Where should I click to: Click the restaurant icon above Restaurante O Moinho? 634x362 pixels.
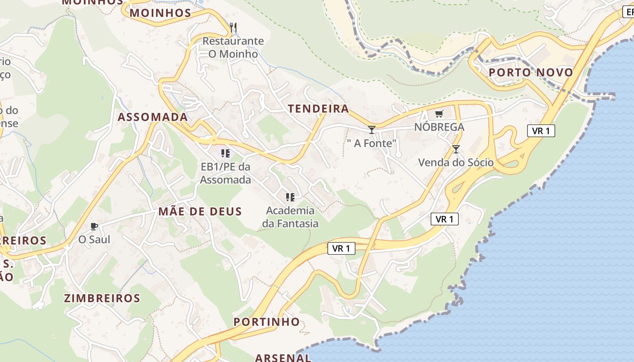(x=233, y=28)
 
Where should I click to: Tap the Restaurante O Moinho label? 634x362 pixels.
(x=233, y=48)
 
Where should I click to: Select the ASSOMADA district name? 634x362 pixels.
(x=153, y=117)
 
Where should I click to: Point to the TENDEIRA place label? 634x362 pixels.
(x=318, y=109)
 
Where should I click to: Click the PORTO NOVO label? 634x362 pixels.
(x=531, y=72)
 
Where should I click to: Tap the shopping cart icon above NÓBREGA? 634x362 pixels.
(x=438, y=114)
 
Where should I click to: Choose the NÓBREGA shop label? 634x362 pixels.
(x=439, y=127)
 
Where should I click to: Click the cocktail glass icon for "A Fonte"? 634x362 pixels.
(x=372, y=130)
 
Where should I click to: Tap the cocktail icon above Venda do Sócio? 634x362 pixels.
(x=456, y=149)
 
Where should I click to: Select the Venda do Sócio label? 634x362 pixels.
(x=456, y=162)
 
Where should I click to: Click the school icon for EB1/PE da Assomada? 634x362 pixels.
(x=225, y=153)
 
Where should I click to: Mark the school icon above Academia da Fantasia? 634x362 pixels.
(x=290, y=197)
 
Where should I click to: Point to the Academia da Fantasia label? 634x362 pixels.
(x=290, y=217)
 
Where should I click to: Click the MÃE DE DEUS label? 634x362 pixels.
(x=200, y=211)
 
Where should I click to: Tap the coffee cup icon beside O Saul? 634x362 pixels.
(x=94, y=226)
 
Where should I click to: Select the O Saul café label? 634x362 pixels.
(x=94, y=239)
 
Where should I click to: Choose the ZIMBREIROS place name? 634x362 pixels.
(x=102, y=298)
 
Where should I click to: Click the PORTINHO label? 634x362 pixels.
(x=266, y=322)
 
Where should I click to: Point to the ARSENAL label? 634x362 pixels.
(x=283, y=357)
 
